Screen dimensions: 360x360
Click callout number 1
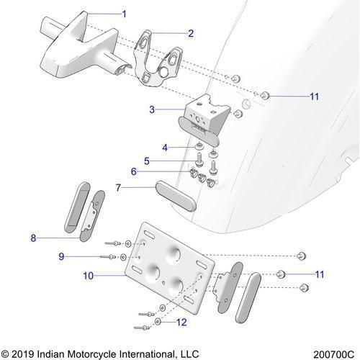click(x=124, y=14)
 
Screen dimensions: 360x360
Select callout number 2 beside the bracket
click(x=191, y=33)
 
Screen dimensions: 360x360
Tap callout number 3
click(x=152, y=109)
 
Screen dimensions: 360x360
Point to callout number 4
click(x=165, y=148)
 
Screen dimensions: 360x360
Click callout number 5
click(x=147, y=161)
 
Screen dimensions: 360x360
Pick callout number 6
click(x=134, y=171)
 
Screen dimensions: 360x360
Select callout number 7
click(x=118, y=187)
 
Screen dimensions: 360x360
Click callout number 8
click(x=33, y=238)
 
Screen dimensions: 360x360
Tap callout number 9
click(x=61, y=256)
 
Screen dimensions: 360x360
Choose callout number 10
click(x=89, y=276)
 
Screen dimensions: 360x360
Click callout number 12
click(x=181, y=322)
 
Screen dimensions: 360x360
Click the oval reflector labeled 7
click(x=176, y=196)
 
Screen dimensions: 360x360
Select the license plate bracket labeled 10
click(x=170, y=268)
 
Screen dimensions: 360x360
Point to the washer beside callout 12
click(x=158, y=322)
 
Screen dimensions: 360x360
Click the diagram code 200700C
click(x=334, y=354)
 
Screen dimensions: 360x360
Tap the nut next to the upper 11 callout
click(x=265, y=95)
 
